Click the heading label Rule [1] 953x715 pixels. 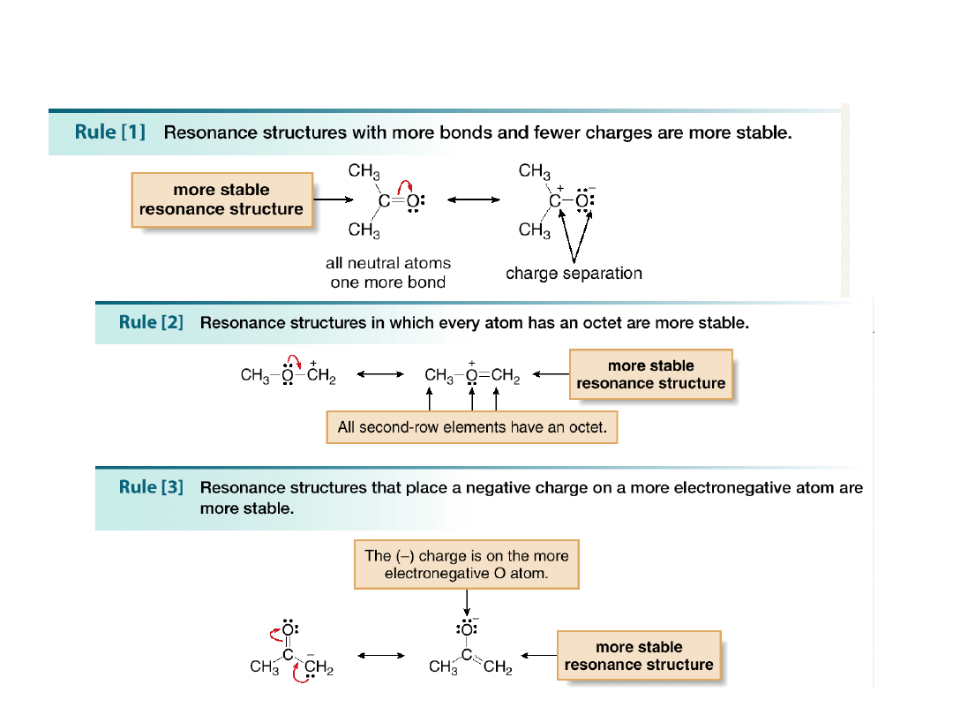[110, 132]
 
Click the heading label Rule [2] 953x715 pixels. [151, 322]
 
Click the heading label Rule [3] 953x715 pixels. [151, 486]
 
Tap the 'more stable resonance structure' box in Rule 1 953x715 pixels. [221, 199]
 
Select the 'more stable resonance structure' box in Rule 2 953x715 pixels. [650, 374]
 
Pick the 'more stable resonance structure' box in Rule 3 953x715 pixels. [639, 655]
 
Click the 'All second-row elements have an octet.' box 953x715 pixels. [472, 427]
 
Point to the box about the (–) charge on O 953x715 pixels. [467, 564]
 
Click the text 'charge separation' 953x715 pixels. [574, 273]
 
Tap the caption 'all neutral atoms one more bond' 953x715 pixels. [388, 272]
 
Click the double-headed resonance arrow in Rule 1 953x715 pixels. [474, 199]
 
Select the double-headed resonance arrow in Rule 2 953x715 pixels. [379, 374]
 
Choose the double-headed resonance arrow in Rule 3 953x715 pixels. [381, 656]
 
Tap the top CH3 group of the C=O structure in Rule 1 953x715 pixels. [364, 172]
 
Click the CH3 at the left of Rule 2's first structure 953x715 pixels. [255, 375]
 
